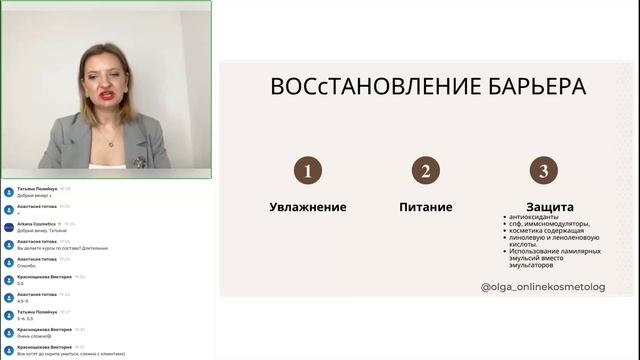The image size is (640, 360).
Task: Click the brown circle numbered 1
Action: (x=308, y=171)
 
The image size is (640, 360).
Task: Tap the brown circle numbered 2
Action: (x=425, y=171)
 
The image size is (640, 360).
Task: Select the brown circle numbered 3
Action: (x=542, y=171)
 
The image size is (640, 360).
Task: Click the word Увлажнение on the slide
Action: (x=308, y=207)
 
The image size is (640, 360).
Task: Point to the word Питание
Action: (x=425, y=207)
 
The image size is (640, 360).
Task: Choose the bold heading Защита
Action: (x=542, y=207)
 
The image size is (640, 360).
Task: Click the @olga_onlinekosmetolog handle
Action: (x=543, y=286)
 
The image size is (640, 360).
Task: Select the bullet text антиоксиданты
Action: (x=537, y=217)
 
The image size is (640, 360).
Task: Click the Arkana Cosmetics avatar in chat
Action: (x=9, y=226)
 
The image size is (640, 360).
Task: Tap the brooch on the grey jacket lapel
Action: (x=140, y=160)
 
